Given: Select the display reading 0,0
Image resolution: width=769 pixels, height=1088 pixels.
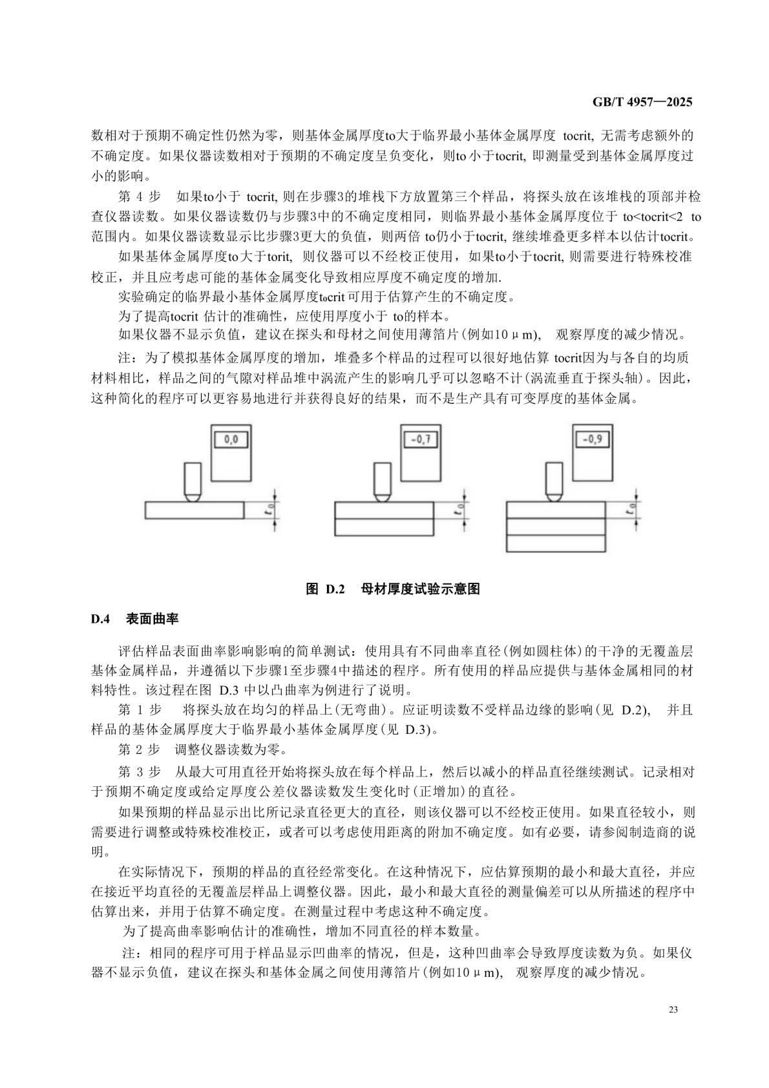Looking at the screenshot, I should point(231,440).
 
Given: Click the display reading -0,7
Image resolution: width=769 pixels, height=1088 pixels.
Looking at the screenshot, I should point(420,441).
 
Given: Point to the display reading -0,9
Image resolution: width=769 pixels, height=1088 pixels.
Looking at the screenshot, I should point(592,439).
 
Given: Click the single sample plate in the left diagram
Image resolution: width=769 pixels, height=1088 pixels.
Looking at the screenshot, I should point(195,510).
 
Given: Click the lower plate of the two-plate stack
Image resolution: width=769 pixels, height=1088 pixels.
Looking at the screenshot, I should point(383,527).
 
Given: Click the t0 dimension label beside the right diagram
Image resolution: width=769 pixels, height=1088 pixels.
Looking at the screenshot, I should point(629,509).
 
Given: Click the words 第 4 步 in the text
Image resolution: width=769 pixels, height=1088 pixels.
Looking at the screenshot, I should point(140,197).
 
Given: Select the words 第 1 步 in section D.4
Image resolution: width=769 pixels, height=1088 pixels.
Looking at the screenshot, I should point(140,710).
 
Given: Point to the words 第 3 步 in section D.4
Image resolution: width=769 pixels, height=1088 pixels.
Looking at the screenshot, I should point(140,772).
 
